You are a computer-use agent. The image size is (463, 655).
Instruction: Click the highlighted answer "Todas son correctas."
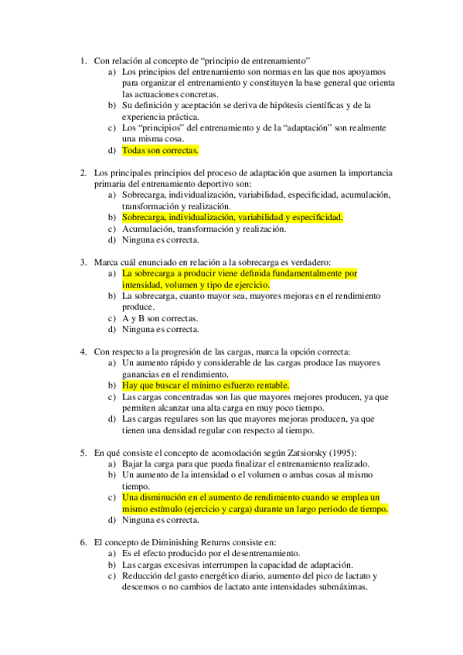pyautogui.click(x=160, y=151)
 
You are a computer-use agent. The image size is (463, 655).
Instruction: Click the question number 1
pyautogui.click(x=83, y=59)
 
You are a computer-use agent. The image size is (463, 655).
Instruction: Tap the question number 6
pyautogui.click(x=83, y=542)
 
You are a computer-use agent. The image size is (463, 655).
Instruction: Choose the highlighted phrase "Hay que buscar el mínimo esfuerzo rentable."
pyautogui.click(x=206, y=385)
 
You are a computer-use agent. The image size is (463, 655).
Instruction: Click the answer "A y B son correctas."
pyautogui.click(x=159, y=318)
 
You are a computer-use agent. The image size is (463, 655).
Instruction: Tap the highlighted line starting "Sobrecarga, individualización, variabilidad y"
pyautogui.click(x=232, y=218)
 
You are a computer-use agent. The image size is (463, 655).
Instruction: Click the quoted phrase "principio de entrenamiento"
pyautogui.click(x=258, y=59)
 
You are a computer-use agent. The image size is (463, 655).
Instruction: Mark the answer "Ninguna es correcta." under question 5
pyautogui.click(x=160, y=520)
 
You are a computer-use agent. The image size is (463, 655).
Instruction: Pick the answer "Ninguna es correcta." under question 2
pyautogui.click(x=160, y=239)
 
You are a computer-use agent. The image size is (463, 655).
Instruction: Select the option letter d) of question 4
pyautogui.click(x=112, y=419)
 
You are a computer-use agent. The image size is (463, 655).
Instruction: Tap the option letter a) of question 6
pyautogui.click(x=112, y=553)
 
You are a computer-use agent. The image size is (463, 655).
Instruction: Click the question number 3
pyautogui.click(x=83, y=262)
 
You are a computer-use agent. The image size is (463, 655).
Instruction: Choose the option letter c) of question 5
pyautogui.click(x=112, y=498)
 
